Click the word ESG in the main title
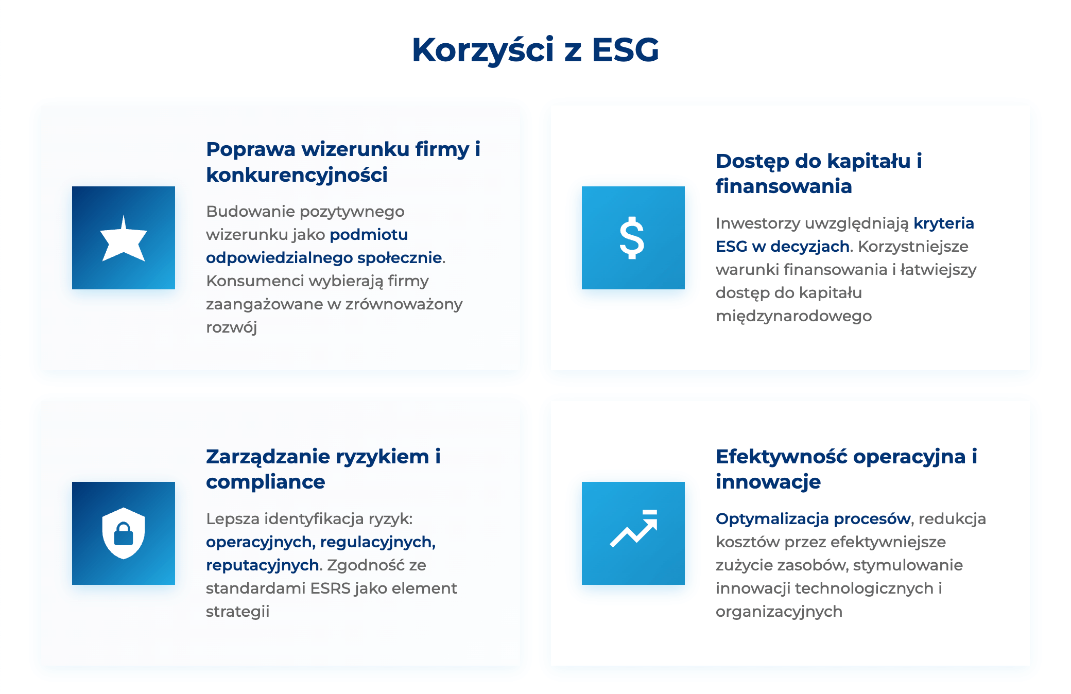[x=625, y=50]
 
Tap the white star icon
[x=124, y=238]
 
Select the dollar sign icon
[x=632, y=238]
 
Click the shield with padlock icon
[x=124, y=533]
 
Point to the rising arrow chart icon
[x=634, y=528]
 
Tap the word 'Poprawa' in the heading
[x=251, y=150]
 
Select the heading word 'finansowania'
[x=784, y=186]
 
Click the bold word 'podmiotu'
[x=369, y=235]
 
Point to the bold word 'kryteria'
[x=944, y=223]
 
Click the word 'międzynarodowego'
[x=793, y=316]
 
